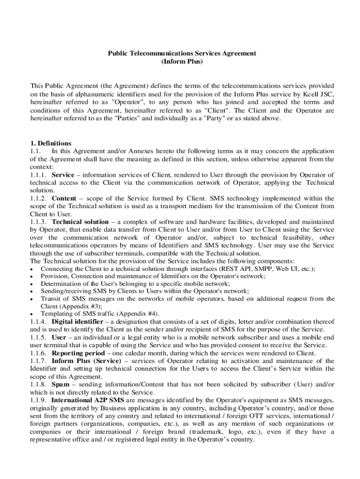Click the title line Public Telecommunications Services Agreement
(182, 53)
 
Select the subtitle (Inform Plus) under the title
(182, 62)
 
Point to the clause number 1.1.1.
(39, 175)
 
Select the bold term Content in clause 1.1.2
(64, 198)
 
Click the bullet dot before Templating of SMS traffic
(31, 314)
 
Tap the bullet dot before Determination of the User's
(31, 284)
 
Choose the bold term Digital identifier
(77, 322)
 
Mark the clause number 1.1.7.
(39, 361)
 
